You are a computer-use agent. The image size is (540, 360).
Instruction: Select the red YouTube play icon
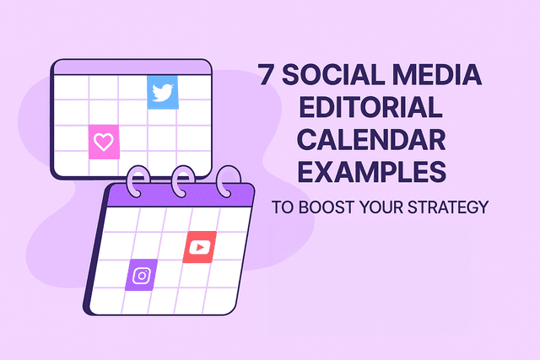tap(200, 247)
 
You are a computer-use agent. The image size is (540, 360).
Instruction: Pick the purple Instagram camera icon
tap(141, 275)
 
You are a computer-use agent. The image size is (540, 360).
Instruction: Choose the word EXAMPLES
tap(364, 173)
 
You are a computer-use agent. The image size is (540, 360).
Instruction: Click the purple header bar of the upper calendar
tap(131, 67)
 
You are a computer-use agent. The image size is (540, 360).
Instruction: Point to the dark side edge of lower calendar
tap(93, 253)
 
